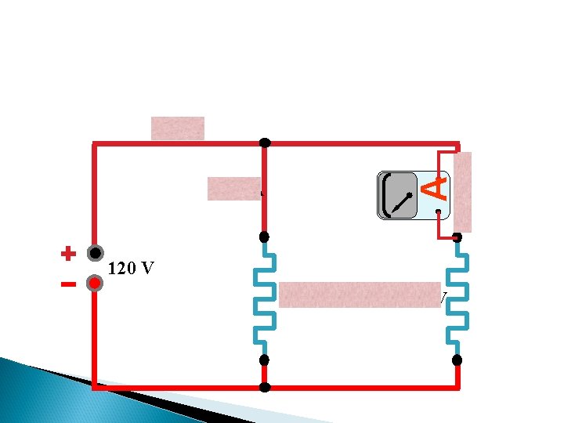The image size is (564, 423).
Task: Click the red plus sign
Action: (x=69, y=254)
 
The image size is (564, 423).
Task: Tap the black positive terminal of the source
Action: (x=96, y=254)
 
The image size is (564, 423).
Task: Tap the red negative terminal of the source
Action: (x=95, y=283)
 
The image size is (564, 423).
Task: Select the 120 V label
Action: (x=131, y=269)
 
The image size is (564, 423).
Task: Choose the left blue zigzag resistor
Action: (x=265, y=298)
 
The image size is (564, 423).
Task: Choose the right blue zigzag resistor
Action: (x=457, y=298)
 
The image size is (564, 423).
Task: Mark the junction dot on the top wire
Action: (x=265, y=143)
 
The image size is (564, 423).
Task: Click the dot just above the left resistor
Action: (x=265, y=237)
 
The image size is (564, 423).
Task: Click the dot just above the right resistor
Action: (x=457, y=237)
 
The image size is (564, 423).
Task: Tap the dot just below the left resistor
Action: (x=265, y=360)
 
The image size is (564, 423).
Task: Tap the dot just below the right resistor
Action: (x=457, y=360)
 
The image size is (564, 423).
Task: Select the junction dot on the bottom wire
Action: (x=265, y=388)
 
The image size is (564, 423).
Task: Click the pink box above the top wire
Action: (x=178, y=128)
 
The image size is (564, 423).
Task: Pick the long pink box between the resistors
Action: (x=360, y=295)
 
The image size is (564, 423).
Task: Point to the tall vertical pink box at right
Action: (x=463, y=191)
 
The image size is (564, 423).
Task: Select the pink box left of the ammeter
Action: (x=233, y=189)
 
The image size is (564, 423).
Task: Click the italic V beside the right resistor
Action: (x=443, y=298)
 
